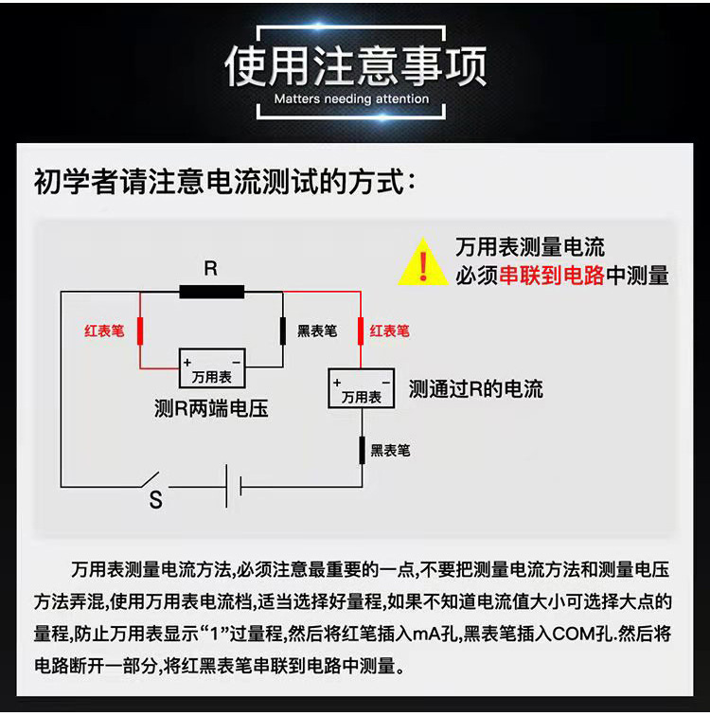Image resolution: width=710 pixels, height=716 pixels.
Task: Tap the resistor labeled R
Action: pos(211,291)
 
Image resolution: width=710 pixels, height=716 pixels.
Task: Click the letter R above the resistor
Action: pos(210,269)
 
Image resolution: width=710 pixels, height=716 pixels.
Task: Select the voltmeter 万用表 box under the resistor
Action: pos(212,368)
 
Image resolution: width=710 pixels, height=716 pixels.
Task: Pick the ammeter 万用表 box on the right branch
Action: pos(361,388)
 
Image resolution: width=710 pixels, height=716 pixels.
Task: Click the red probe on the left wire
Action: pos(141,331)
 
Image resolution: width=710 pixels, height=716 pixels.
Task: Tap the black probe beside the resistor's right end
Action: pos(283,331)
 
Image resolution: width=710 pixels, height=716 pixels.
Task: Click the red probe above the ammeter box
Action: pos(361,331)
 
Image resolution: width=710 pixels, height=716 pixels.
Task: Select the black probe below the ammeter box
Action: pos(361,450)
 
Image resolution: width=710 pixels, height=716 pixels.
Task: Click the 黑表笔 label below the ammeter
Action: pos(390,451)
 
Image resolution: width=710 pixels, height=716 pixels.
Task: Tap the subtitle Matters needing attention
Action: pos(351,98)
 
